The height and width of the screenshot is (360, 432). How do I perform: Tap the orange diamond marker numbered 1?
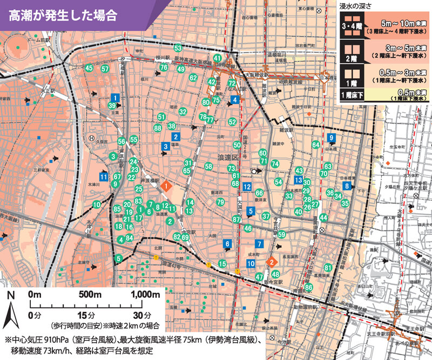167,186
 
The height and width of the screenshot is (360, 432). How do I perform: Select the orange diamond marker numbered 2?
273,262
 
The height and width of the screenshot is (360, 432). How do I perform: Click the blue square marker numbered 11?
103,176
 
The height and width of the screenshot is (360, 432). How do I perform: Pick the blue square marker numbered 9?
331,138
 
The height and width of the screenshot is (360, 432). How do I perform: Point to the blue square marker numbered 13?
298,180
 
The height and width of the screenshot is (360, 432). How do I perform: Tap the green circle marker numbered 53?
178,49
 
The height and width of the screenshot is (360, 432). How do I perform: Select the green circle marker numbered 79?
220,202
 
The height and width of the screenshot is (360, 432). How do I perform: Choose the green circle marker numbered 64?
316,145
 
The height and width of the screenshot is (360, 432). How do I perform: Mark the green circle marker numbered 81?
327,268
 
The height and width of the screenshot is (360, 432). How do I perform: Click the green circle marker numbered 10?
96,205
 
